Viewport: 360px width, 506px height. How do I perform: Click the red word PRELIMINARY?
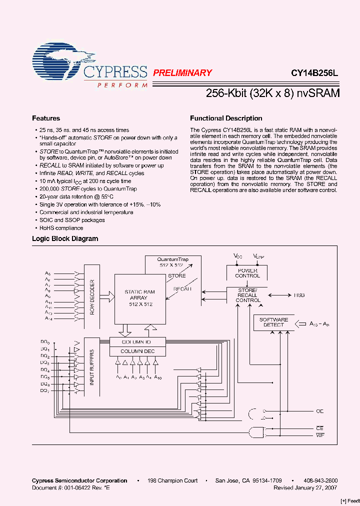coord(182,72)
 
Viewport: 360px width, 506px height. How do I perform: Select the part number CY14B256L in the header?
coord(314,72)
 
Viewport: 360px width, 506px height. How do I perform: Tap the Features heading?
coord(46,118)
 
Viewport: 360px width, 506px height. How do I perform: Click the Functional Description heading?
coord(226,118)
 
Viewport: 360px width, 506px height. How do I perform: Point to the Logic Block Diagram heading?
coord(65,239)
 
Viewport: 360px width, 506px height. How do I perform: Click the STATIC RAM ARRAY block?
coord(139,298)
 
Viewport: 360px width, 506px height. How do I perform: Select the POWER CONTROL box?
coord(247,273)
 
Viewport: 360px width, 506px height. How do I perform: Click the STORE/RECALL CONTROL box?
coord(248,295)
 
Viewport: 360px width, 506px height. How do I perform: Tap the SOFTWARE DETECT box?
coord(273,322)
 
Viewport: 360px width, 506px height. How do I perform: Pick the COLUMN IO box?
coord(136,342)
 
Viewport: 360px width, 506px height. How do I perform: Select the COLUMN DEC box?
coord(136,351)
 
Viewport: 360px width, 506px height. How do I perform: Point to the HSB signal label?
coord(299,295)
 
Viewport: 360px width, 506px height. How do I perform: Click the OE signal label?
coord(320,411)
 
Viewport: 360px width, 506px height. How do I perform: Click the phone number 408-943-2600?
coord(320,481)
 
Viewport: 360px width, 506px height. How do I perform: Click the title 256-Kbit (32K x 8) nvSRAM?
coord(273,93)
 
